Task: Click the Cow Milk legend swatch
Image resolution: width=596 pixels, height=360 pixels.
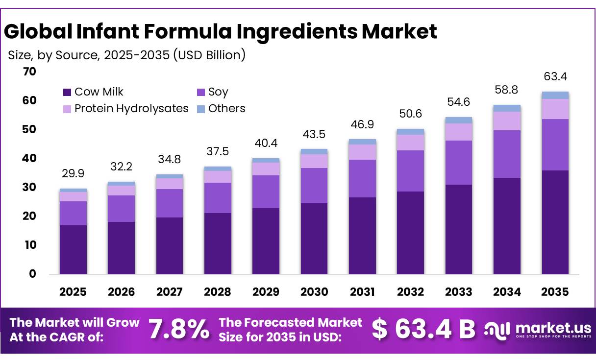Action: (68, 92)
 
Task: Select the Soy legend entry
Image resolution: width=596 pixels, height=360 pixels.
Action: (218, 92)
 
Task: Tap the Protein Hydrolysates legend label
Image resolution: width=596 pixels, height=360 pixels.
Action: (131, 109)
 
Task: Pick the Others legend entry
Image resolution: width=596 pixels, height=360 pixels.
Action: (226, 109)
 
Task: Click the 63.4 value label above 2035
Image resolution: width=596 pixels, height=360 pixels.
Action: (555, 77)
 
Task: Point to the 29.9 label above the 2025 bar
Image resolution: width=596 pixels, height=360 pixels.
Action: (73, 174)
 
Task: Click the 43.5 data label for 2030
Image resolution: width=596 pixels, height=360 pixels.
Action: (314, 134)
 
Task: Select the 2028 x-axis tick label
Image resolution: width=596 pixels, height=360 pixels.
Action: (218, 292)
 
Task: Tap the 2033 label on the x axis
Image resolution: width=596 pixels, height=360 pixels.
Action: (459, 292)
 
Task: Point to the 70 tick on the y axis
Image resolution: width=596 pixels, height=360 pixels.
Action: (29, 72)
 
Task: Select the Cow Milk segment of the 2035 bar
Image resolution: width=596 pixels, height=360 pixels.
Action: (555, 223)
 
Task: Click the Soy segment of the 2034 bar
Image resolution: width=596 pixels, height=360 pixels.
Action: (507, 154)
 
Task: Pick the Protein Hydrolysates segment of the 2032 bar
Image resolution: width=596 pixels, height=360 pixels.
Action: (410, 143)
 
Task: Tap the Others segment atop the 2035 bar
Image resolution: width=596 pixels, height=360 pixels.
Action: (555, 96)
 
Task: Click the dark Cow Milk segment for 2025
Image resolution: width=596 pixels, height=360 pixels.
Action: (73, 250)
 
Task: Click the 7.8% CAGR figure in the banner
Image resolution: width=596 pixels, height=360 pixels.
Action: (178, 329)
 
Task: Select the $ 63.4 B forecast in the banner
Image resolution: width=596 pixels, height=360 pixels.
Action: (423, 329)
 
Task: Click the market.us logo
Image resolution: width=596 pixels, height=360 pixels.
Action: (538, 329)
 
